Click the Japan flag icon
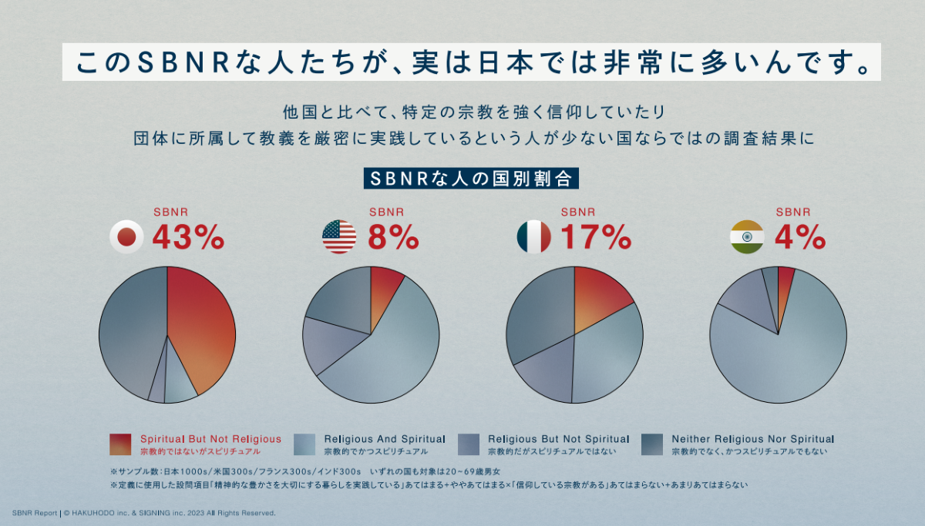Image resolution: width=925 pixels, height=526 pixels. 128,237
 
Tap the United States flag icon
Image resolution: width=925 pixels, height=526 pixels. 339,237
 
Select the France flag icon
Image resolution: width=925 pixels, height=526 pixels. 534,237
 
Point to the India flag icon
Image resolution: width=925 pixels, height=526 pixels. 746,237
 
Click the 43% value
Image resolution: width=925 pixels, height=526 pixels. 188,238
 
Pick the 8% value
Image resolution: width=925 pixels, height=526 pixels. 393,238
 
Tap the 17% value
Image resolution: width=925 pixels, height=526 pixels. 596,238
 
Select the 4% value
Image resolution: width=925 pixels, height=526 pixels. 800,238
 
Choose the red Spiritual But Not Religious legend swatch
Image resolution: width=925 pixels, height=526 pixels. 120,444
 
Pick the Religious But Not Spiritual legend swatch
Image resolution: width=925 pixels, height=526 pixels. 469,444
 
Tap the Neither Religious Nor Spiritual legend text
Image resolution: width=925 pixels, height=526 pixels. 752,439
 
